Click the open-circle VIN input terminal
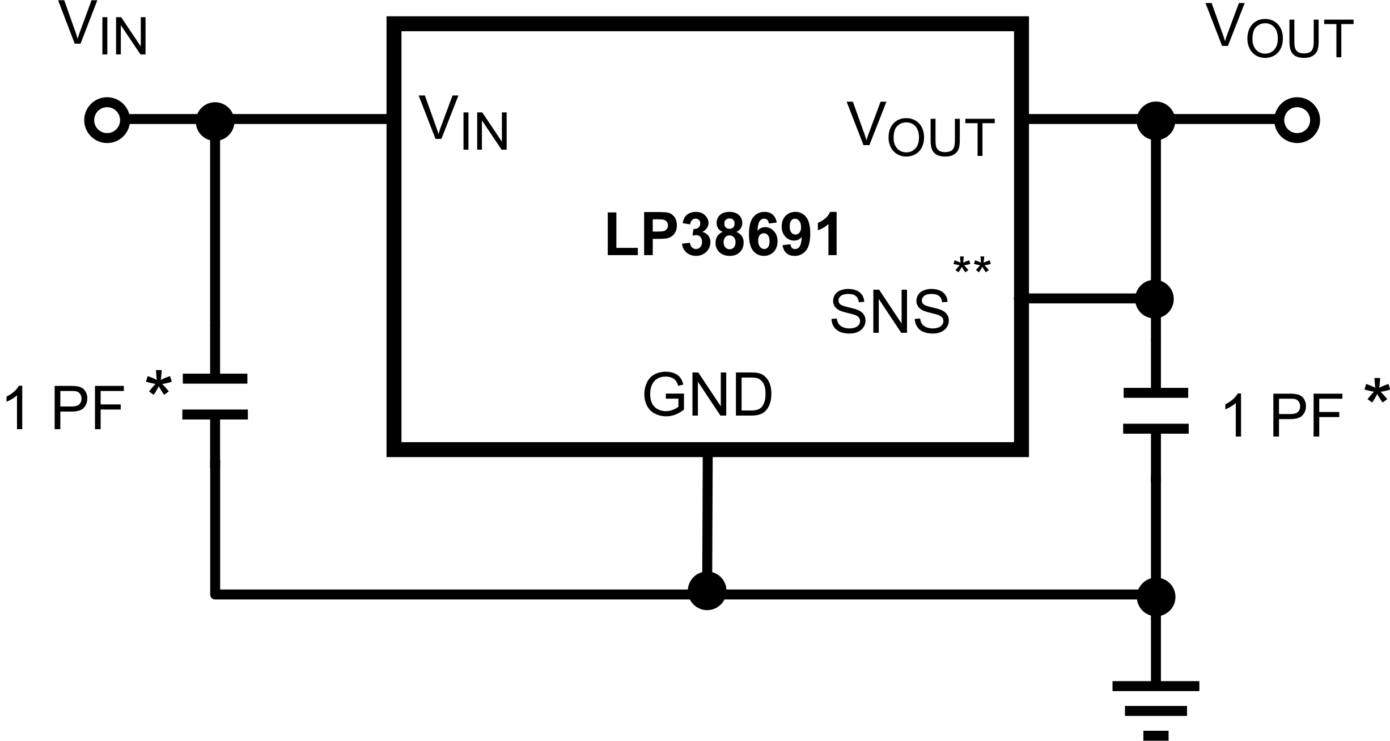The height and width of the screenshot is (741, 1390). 107,121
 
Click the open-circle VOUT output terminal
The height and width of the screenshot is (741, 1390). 1297,121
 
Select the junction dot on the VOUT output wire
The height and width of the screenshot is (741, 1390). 1155,121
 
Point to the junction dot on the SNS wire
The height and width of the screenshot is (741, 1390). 1154,299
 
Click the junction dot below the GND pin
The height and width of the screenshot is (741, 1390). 707,591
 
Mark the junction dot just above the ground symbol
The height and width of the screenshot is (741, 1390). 1156,597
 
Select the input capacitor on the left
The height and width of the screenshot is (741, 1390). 215,397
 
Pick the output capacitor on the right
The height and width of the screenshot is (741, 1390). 1156,411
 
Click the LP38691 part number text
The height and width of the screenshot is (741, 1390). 723,235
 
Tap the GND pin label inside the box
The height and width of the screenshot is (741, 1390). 707,395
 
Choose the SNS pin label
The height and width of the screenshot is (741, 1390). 890,312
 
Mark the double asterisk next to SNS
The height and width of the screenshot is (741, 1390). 972,266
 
